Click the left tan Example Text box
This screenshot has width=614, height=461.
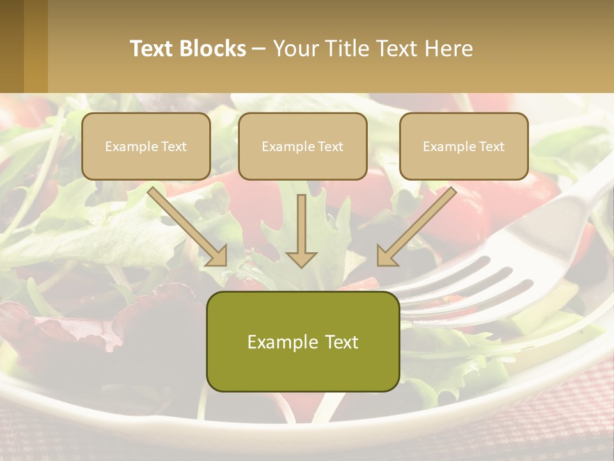point(146,146)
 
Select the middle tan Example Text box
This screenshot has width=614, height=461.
point(303,146)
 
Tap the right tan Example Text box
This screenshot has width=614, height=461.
point(464,146)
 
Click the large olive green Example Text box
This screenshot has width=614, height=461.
point(303,341)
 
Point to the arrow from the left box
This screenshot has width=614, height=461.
point(189,227)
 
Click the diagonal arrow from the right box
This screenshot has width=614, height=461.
point(416,227)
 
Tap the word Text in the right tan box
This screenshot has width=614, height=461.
point(491,147)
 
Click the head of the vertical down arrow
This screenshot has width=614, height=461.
point(301,259)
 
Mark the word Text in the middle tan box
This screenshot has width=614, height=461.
point(330,147)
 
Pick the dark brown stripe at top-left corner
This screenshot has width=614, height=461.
point(12,46)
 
